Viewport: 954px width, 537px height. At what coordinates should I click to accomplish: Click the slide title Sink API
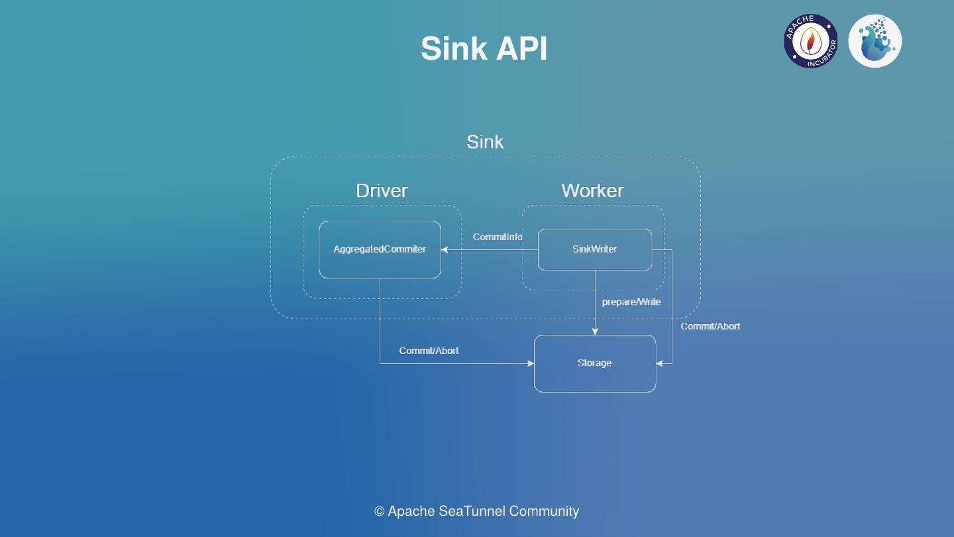coord(484,48)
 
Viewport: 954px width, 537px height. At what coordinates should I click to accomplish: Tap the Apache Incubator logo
coord(810,41)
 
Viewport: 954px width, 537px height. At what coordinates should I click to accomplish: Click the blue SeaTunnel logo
coord(874,41)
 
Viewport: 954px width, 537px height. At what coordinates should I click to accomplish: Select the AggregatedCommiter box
coord(380,249)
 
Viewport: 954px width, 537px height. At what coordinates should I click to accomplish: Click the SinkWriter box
coord(594,249)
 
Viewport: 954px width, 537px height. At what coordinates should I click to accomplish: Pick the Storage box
coord(594,363)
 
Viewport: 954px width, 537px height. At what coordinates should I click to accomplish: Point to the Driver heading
coord(382,191)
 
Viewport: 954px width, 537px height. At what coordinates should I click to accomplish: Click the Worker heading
coord(592,191)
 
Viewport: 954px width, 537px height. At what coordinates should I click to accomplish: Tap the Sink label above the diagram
coord(485,142)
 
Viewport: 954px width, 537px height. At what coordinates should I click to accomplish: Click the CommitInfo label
coord(498,237)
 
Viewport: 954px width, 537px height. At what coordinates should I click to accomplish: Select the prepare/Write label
coord(631,302)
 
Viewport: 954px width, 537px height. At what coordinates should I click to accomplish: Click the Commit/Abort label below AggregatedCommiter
coord(429,350)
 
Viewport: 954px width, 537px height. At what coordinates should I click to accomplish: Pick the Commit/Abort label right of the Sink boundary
coord(710,326)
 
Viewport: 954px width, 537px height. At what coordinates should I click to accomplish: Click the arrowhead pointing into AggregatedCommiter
coord(445,249)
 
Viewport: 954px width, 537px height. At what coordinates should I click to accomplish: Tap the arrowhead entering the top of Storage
coord(595,331)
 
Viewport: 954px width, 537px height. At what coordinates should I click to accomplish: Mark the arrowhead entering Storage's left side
coord(531,363)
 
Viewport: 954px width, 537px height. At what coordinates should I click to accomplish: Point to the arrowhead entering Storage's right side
coord(660,363)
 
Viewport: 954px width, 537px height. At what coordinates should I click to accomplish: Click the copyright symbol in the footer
coord(380,511)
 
